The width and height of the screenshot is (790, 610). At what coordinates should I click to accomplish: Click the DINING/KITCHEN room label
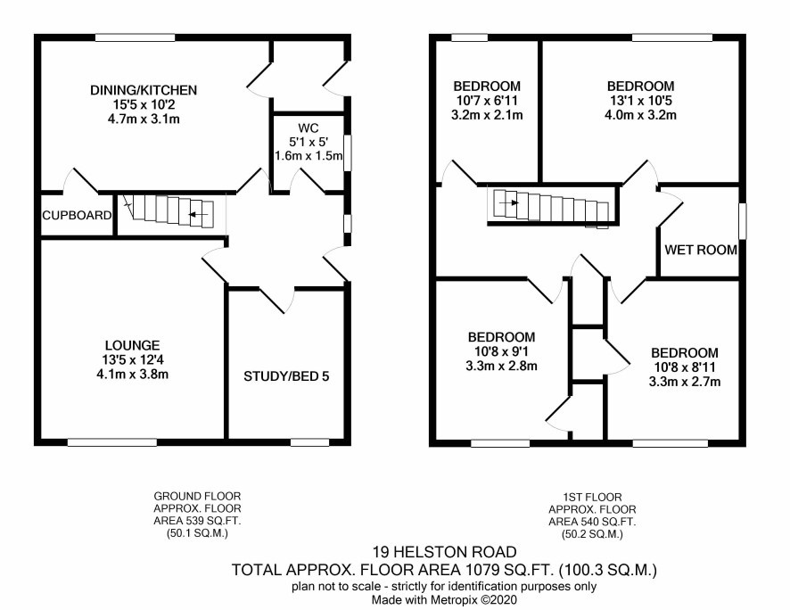pyautogui.click(x=144, y=90)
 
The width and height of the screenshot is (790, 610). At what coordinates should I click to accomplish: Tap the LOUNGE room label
pyautogui.click(x=133, y=345)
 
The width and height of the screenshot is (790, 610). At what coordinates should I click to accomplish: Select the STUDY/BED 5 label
pyautogui.click(x=286, y=376)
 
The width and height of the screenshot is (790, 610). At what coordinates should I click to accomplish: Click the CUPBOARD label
pyautogui.click(x=77, y=216)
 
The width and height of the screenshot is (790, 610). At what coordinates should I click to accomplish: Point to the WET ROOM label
pyautogui.click(x=701, y=250)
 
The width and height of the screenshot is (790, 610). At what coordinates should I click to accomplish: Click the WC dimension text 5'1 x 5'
pyautogui.click(x=309, y=142)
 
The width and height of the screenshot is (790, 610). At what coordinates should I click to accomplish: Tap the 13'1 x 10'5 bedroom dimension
pyautogui.click(x=640, y=101)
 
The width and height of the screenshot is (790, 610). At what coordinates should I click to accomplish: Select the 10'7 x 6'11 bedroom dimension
pyautogui.click(x=487, y=101)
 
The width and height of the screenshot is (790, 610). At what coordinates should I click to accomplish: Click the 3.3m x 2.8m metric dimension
pyautogui.click(x=501, y=367)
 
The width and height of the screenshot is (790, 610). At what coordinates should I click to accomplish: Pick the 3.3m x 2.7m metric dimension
pyautogui.click(x=685, y=382)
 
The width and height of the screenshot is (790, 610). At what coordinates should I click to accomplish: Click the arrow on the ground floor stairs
pyautogui.click(x=199, y=215)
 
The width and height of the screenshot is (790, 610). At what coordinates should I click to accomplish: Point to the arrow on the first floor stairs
pyautogui.click(x=510, y=203)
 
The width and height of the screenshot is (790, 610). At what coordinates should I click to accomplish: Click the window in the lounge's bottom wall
pyautogui.click(x=112, y=442)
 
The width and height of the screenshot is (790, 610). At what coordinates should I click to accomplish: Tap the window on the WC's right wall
pyautogui.click(x=347, y=153)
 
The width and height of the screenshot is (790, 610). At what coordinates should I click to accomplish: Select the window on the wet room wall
pyautogui.click(x=742, y=221)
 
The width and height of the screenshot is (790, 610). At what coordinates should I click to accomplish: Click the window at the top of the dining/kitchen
pyautogui.click(x=136, y=37)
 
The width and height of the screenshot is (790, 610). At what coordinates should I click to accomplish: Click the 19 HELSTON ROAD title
pyautogui.click(x=445, y=553)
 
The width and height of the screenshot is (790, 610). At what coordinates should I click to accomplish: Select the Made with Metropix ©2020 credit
pyautogui.click(x=444, y=600)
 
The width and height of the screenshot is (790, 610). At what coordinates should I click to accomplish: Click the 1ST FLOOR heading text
pyautogui.click(x=592, y=497)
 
